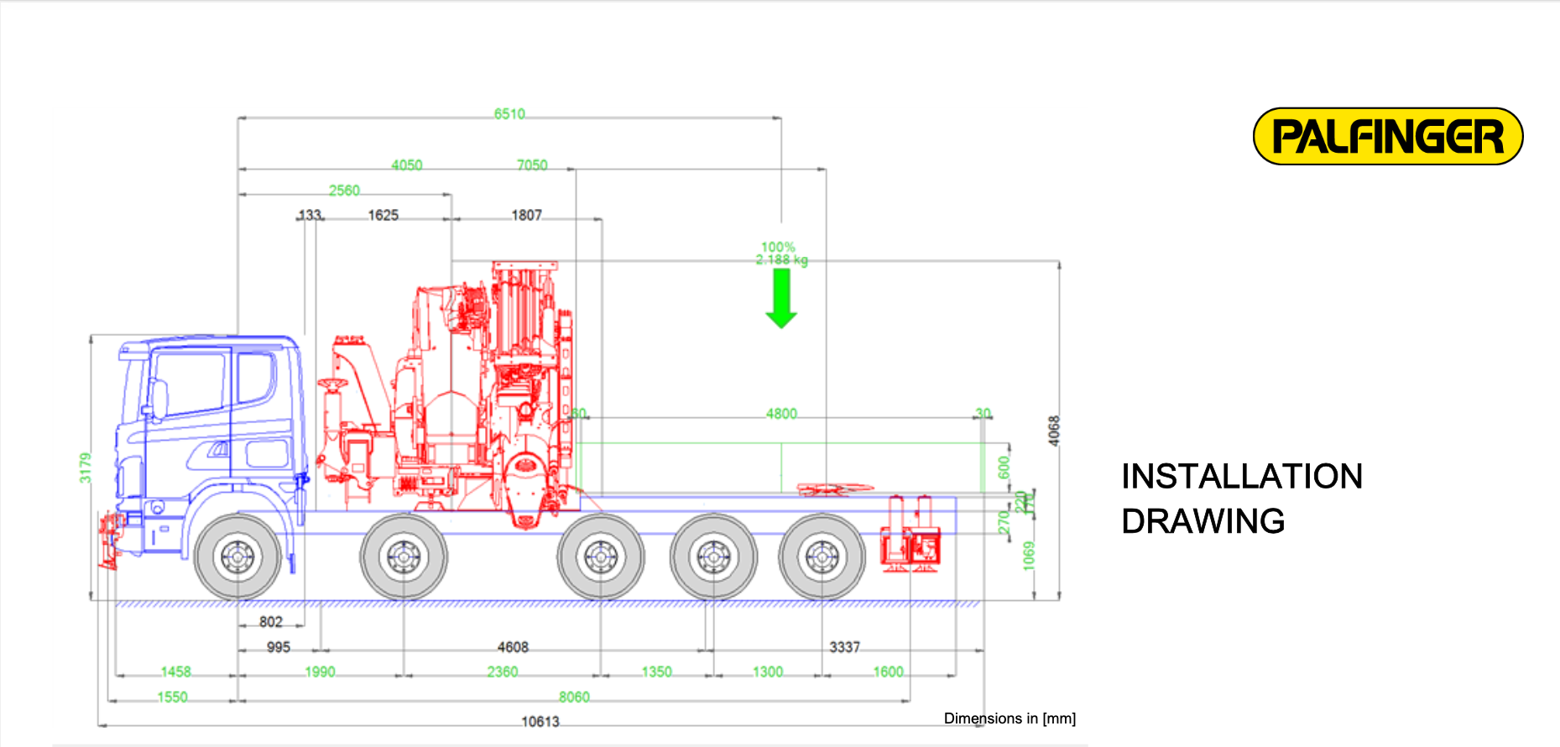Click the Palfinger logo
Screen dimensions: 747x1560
(1387, 136)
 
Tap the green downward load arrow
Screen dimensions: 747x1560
(781, 298)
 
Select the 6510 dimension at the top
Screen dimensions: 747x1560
(509, 113)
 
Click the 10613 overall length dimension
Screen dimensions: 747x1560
(540, 721)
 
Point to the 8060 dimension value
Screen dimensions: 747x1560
(574, 697)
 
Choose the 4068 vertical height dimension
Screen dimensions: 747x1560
(1054, 431)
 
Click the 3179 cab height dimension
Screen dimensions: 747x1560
(85, 468)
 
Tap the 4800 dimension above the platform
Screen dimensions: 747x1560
(781, 413)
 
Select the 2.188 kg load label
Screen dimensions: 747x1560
(781, 260)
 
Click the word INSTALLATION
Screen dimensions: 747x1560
(1241, 477)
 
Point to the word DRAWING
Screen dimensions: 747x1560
(1203, 521)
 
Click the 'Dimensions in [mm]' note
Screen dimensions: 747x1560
(1010, 718)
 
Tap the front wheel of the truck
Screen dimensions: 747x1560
(237, 556)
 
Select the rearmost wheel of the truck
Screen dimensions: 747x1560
(822, 556)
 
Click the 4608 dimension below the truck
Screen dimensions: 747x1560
(513, 647)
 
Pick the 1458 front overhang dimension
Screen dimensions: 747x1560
(175, 671)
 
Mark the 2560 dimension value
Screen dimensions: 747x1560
(344, 191)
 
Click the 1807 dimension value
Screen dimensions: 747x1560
(526, 215)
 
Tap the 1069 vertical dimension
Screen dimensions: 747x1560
(1029, 556)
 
